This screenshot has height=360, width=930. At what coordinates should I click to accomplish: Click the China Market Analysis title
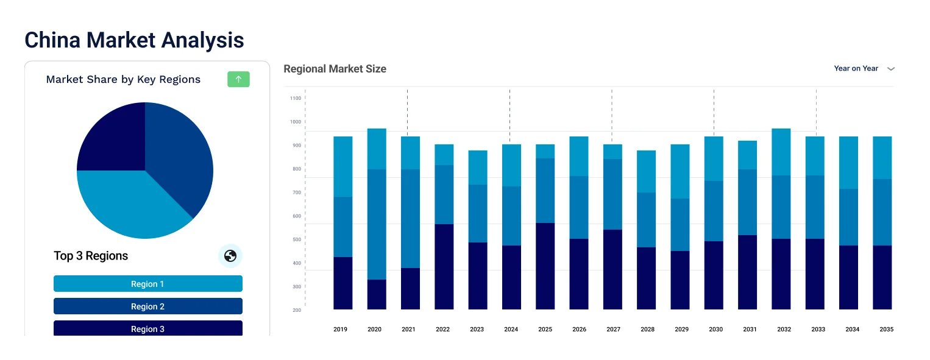click(134, 40)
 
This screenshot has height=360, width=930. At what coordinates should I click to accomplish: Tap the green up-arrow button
click(238, 79)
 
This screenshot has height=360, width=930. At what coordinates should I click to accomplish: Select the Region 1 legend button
click(148, 284)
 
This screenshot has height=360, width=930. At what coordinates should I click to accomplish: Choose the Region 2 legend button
click(148, 306)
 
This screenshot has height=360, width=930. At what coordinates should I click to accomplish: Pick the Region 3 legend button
click(148, 328)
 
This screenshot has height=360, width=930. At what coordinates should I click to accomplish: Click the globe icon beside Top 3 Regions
click(230, 256)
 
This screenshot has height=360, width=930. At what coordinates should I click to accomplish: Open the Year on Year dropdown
click(864, 69)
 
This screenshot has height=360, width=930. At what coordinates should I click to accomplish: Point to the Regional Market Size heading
click(335, 69)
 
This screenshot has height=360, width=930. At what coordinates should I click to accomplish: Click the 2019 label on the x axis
click(340, 330)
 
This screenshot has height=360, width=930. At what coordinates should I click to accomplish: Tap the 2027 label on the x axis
click(613, 330)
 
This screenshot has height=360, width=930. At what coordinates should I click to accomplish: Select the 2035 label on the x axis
click(886, 330)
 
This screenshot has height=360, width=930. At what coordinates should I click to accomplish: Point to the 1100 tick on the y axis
click(296, 98)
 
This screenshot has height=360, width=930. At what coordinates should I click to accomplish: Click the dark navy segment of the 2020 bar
click(377, 295)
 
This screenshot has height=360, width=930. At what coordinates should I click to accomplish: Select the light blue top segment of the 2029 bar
click(680, 171)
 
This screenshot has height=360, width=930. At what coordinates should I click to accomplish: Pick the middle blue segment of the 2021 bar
click(410, 219)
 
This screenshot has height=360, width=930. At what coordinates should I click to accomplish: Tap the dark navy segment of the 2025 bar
click(545, 266)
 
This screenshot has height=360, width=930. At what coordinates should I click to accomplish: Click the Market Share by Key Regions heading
click(123, 79)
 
